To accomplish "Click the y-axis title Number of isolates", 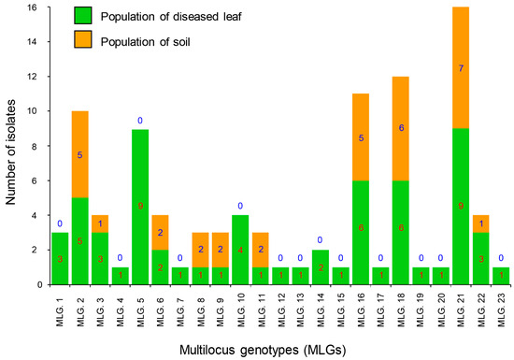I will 12,146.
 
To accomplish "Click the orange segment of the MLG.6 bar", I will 186,232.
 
